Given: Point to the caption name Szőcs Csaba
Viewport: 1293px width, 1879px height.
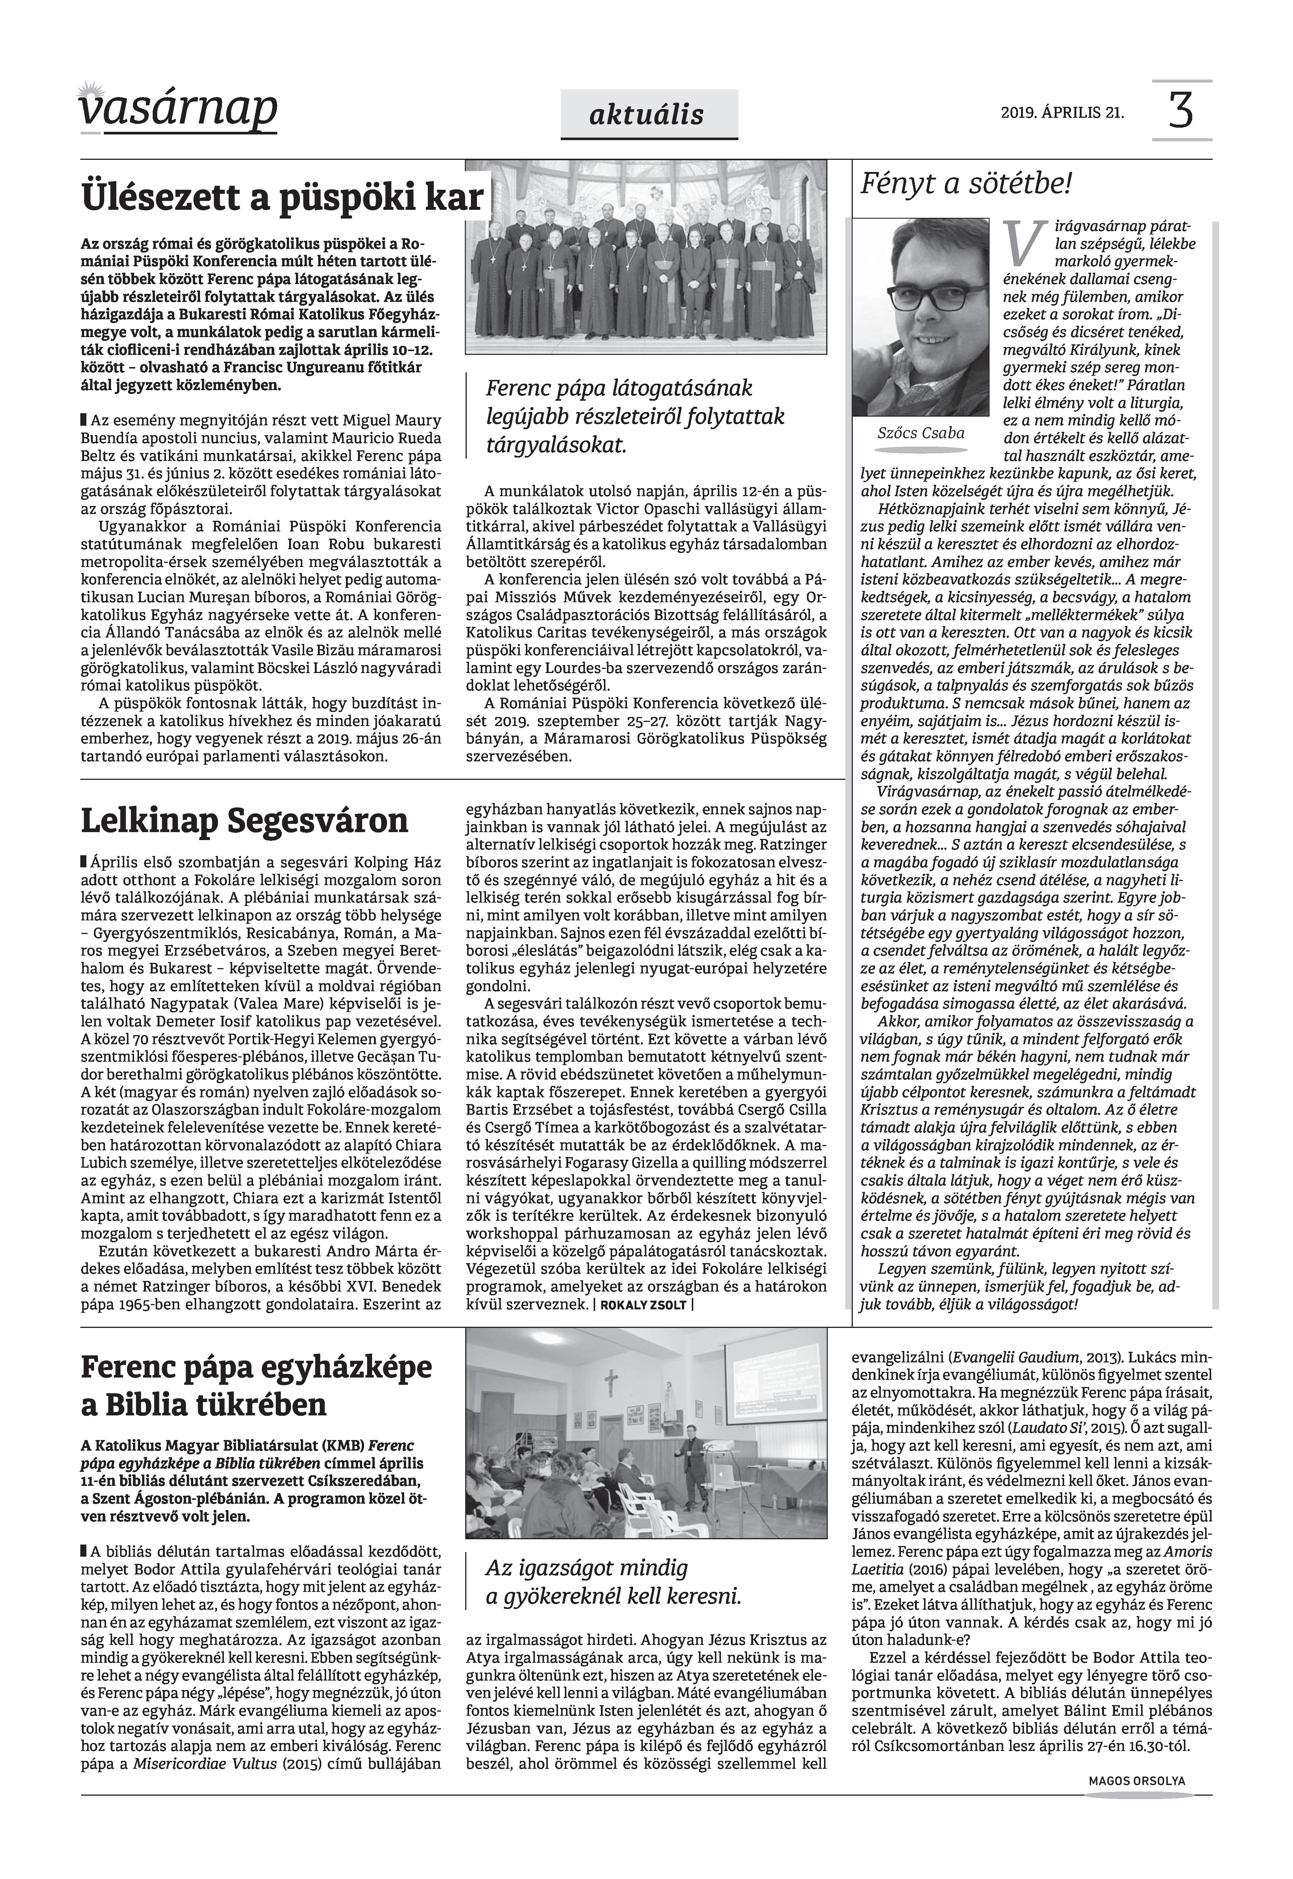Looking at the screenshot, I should coord(921,433).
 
